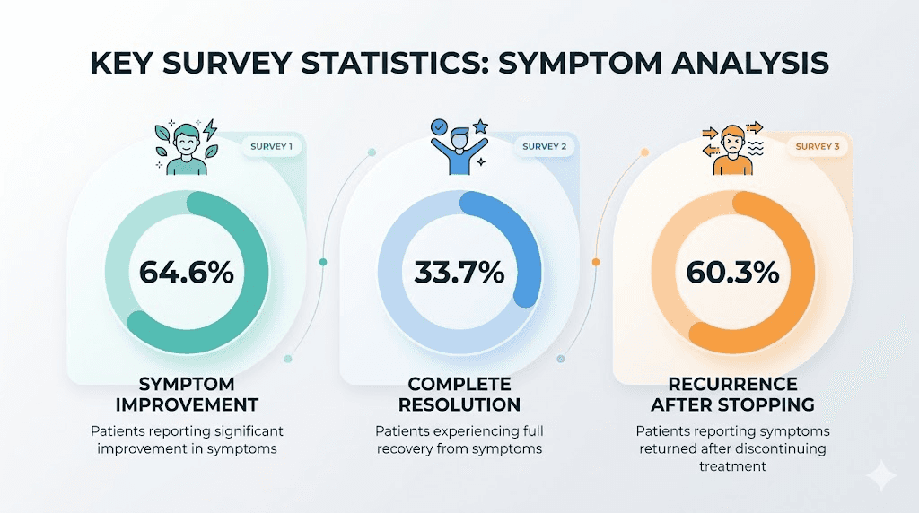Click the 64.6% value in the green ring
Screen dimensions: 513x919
click(x=187, y=272)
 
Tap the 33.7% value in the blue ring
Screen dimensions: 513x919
click(x=459, y=272)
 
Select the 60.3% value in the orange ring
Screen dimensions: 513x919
click(x=731, y=272)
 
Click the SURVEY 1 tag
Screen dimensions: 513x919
click(x=273, y=146)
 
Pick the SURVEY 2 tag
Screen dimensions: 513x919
click(x=544, y=146)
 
